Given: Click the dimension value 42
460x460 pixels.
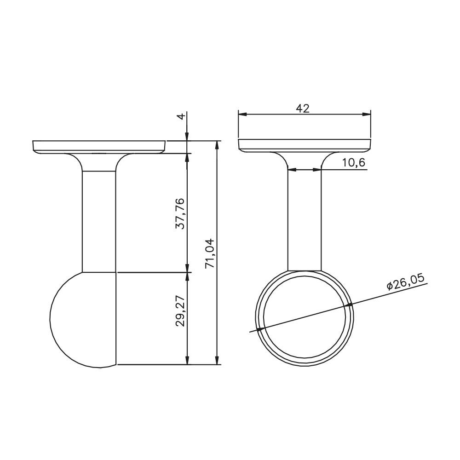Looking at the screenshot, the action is tap(303, 109).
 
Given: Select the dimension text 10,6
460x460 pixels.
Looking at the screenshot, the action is tap(354, 162).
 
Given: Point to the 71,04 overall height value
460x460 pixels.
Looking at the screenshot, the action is tap(210, 253).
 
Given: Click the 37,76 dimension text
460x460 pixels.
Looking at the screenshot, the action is tap(180, 213).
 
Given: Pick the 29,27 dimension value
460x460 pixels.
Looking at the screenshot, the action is tap(180, 311).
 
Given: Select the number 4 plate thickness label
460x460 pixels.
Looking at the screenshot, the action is tap(182, 116).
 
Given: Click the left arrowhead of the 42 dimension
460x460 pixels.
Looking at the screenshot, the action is tap(242, 114).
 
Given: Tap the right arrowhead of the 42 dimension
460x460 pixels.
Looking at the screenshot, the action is tap(367, 114).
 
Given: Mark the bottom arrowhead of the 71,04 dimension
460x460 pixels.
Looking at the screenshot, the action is tap(217, 360).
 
